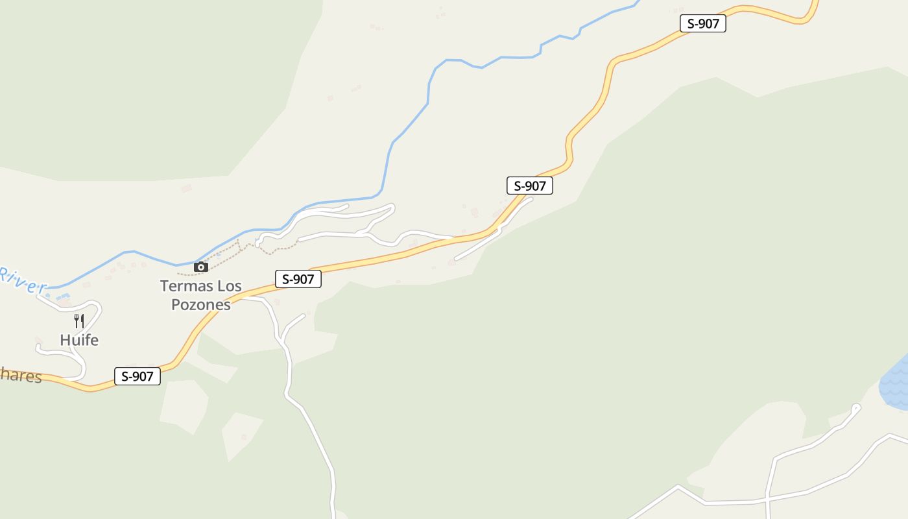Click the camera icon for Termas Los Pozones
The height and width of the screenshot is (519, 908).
201,267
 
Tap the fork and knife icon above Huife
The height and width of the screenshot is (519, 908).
79,320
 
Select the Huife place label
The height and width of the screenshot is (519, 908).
79,340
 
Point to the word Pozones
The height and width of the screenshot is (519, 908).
201,304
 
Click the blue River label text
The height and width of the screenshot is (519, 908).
23,280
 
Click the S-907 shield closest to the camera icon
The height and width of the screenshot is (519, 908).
298,280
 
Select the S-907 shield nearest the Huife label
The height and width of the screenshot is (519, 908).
137,376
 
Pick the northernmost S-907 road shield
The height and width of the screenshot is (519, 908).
703,23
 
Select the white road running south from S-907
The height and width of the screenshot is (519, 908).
311,422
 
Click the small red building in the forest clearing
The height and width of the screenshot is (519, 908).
244,437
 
